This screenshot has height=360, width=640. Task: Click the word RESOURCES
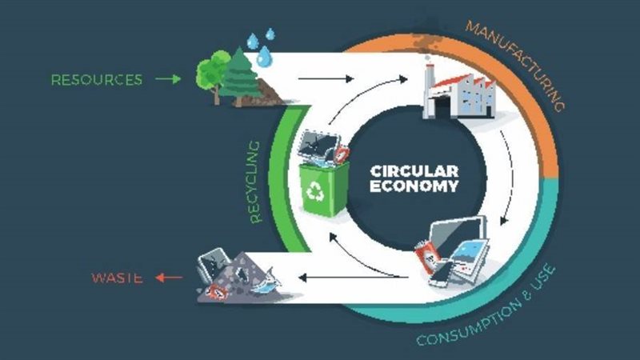click(96, 79)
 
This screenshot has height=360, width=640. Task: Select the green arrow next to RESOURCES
click(168, 79)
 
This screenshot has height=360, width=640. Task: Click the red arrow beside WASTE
click(168, 278)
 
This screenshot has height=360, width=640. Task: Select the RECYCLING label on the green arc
click(254, 181)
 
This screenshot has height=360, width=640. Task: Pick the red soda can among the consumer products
click(426, 259)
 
